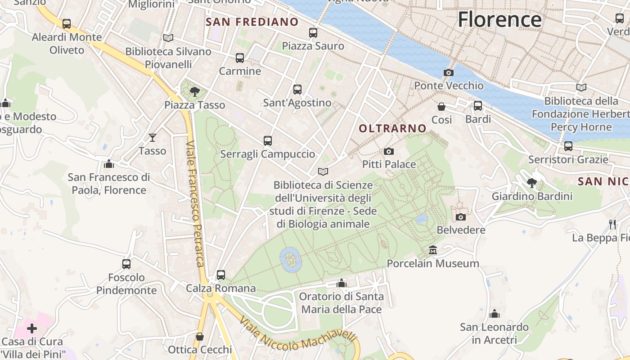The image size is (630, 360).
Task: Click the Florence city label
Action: click(x=499, y=19)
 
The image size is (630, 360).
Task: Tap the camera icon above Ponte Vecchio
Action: click(x=448, y=72)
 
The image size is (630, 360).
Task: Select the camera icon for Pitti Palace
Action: click(x=389, y=152)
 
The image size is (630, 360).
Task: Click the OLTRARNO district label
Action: click(x=392, y=129)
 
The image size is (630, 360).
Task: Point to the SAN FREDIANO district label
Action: click(x=252, y=22)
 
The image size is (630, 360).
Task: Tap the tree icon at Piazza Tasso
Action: click(x=194, y=92)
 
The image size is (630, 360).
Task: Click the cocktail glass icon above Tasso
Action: click(x=153, y=137)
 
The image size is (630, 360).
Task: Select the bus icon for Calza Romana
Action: click(x=220, y=274)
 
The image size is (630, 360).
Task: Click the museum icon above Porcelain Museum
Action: click(x=433, y=250)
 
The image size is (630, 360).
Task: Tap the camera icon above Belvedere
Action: click(x=461, y=217)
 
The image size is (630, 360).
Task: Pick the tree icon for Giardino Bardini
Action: click(x=532, y=183)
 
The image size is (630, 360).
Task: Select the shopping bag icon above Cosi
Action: click(x=441, y=107)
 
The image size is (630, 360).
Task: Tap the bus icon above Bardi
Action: click(x=478, y=106)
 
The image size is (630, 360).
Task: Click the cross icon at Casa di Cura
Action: click(x=32, y=328)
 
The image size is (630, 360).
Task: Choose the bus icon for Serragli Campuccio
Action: click(x=268, y=141)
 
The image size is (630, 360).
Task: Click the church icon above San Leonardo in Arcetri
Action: click(x=495, y=314)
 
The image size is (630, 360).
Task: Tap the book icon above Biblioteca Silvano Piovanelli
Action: click(x=168, y=38)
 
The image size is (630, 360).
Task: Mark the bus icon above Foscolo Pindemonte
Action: click(x=126, y=264)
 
